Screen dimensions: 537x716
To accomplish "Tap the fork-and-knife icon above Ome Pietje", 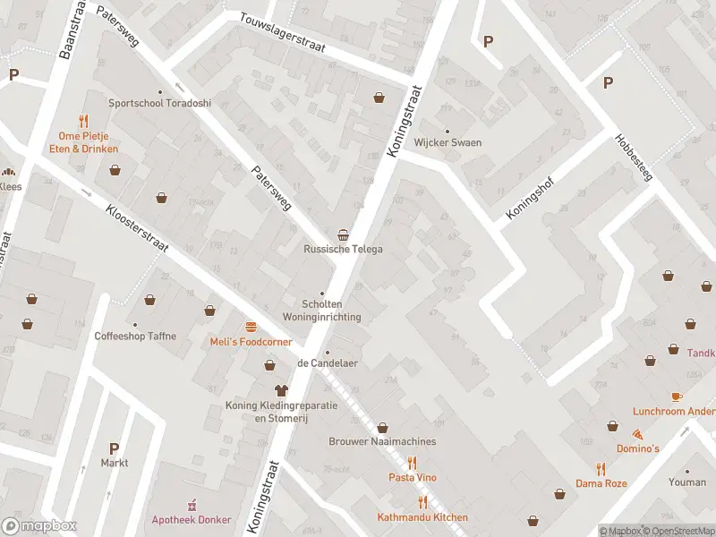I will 84,121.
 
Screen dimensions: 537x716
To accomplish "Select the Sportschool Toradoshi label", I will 160,103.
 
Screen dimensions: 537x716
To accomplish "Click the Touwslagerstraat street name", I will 282,32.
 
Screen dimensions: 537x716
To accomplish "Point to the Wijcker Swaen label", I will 447,142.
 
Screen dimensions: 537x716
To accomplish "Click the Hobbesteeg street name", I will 635,158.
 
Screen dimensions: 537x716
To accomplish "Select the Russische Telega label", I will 343,249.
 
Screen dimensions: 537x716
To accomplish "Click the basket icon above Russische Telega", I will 343,233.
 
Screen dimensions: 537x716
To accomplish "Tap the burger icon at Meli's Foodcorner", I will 251,326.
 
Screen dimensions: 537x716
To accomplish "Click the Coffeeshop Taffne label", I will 135,337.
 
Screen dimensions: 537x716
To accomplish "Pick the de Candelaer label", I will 327,363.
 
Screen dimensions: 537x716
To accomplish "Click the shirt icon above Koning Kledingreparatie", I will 281,390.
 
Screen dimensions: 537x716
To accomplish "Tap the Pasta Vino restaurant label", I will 412,478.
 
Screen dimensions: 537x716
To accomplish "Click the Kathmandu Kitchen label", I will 422,518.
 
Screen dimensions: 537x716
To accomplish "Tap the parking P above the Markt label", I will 114,448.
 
